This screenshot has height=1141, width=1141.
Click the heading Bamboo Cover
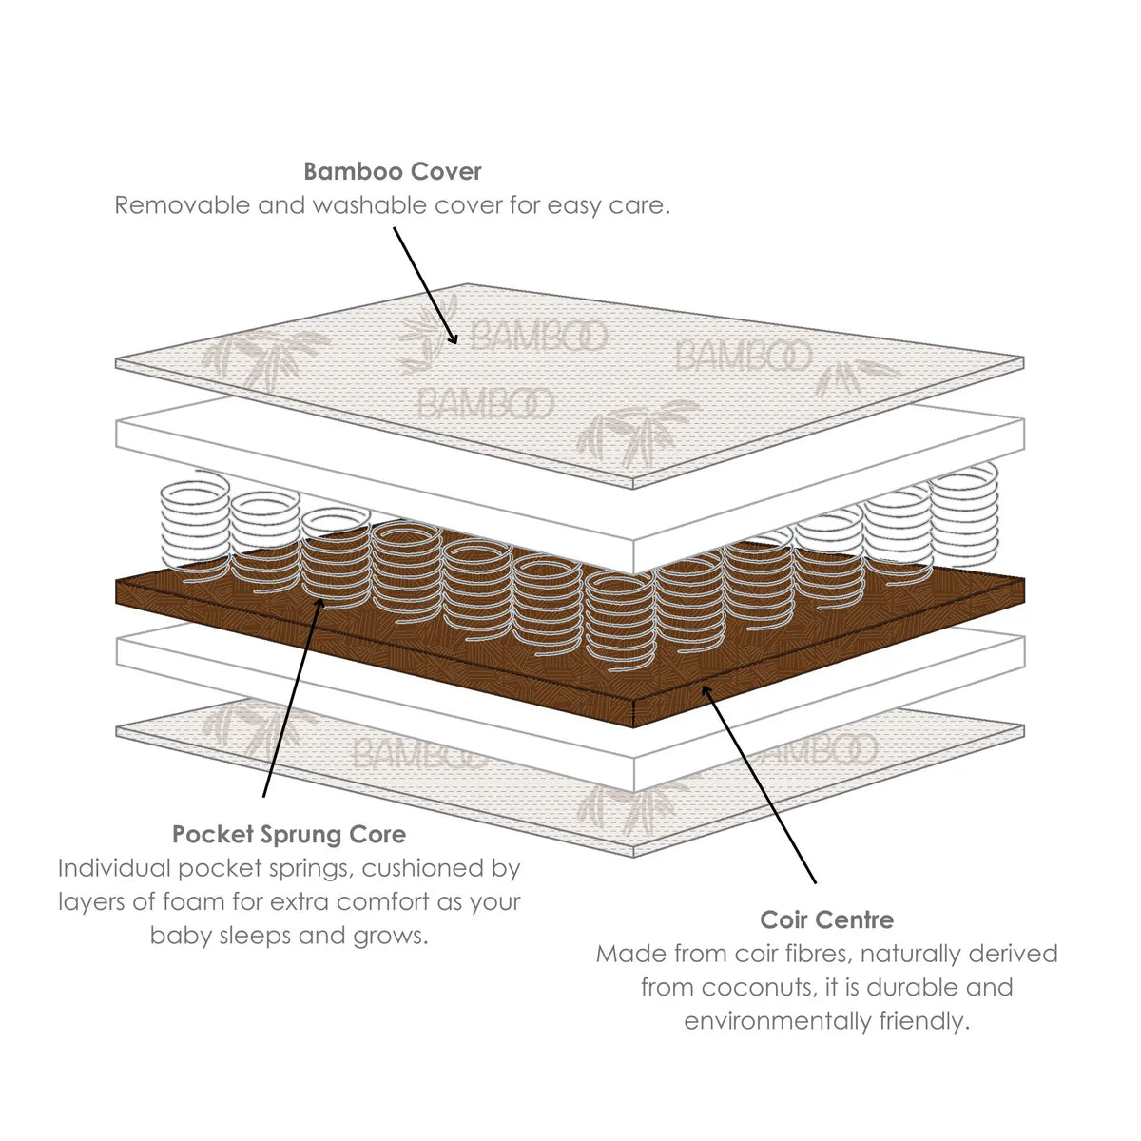point(393,172)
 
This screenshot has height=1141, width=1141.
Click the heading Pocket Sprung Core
point(289,835)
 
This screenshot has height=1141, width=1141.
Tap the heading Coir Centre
point(826,920)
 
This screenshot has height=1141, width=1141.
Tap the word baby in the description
point(181,936)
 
